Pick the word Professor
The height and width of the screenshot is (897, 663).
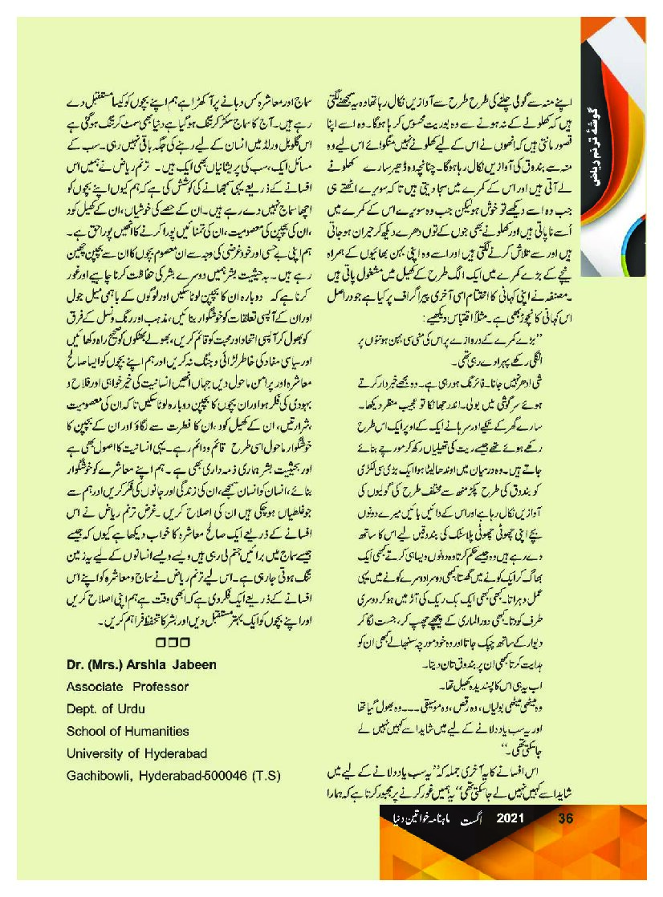point(160,686)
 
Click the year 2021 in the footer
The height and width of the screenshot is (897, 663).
point(511,819)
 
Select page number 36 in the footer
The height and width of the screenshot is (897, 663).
point(564,819)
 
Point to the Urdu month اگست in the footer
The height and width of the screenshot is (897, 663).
point(474,819)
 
